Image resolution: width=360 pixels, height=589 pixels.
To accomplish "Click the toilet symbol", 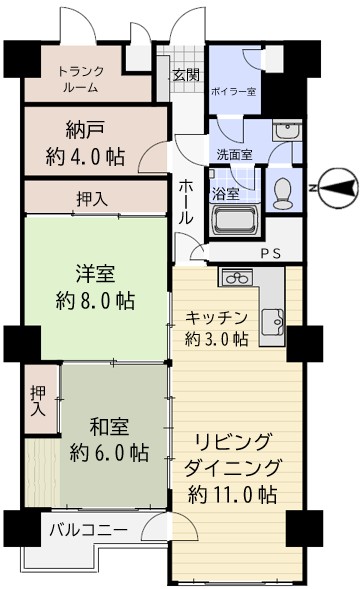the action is (x=283, y=193).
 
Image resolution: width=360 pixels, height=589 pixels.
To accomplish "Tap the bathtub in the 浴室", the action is (x=235, y=220).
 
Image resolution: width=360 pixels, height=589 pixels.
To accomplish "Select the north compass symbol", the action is (x=337, y=188).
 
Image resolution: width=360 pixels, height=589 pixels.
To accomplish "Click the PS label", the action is (x=271, y=254).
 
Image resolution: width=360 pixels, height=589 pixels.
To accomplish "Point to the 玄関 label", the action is (x=186, y=76).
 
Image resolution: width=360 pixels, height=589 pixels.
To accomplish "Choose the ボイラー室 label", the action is (x=234, y=91).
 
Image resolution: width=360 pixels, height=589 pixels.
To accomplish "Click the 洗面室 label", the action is (x=234, y=154).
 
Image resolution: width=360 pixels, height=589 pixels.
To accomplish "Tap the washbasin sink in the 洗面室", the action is (x=287, y=131).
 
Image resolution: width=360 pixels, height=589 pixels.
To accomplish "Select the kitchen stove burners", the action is (x=237, y=278).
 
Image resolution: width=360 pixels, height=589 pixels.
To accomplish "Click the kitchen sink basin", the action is (x=272, y=322).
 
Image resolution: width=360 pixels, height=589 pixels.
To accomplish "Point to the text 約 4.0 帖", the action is (x=85, y=157).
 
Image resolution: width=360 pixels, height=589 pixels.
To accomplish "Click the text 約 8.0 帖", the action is (x=95, y=300).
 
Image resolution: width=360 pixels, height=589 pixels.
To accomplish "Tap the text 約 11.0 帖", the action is (x=232, y=494).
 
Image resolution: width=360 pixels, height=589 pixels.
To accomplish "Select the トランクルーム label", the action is (x=81, y=79).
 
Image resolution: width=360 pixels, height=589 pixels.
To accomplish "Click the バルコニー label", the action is (x=89, y=530).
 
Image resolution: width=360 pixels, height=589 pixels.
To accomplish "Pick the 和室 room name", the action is (x=109, y=427).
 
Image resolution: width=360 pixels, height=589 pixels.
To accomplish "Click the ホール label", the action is (x=186, y=202).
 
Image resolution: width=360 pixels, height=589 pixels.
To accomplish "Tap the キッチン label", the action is (x=216, y=318).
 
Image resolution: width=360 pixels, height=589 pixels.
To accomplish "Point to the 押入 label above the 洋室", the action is (x=92, y=199).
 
